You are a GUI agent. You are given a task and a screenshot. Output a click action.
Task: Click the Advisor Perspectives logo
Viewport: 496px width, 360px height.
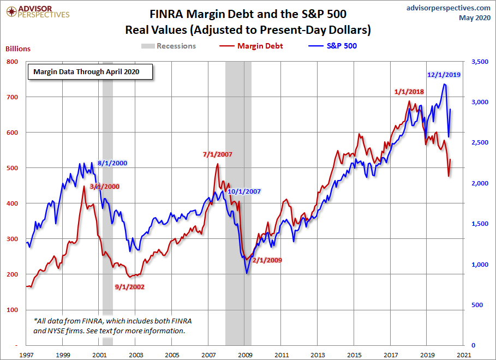tap(37, 11)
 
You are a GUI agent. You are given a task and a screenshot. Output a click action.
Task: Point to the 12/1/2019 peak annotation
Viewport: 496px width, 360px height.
tap(444, 75)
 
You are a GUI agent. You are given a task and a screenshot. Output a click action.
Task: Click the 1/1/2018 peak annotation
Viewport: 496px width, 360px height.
tap(408, 91)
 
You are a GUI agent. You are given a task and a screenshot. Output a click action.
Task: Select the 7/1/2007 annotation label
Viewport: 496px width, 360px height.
tap(217, 154)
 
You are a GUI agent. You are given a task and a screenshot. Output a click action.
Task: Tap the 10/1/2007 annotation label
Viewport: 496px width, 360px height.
tap(244, 191)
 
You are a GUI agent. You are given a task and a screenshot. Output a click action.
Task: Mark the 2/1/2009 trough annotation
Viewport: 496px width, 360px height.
tap(267, 260)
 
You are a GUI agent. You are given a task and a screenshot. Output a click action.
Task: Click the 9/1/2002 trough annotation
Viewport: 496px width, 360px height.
tap(129, 286)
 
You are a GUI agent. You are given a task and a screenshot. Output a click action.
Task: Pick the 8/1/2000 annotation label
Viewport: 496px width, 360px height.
tap(113, 163)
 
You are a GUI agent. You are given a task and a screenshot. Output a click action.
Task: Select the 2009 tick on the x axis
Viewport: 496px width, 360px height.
tap(244, 355)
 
